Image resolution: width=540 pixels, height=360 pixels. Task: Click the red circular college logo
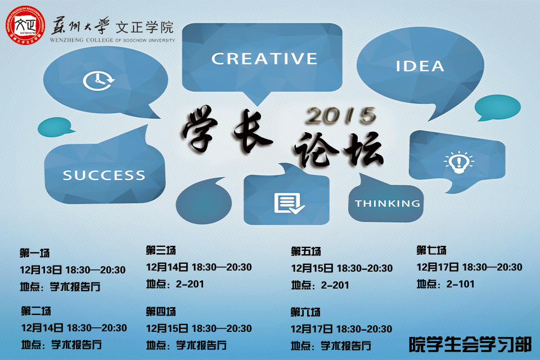pyautogui.click(x=25, y=25)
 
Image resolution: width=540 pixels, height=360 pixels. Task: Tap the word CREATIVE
pyautogui.click(x=264, y=58)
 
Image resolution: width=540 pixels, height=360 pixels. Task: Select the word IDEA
pyautogui.click(x=420, y=66)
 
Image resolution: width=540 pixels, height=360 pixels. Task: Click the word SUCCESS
pyautogui.click(x=103, y=175)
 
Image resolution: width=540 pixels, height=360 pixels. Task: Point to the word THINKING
pyautogui.click(x=388, y=204)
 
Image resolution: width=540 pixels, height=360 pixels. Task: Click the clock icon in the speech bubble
pyautogui.click(x=98, y=81)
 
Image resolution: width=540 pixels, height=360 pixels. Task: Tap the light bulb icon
pyautogui.click(x=458, y=162)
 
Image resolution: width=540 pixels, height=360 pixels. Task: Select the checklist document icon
pyautogui.click(x=289, y=204)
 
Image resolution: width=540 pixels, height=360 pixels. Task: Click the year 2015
pyautogui.click(x=341, y=115)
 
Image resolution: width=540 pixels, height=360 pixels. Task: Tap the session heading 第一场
pyautogui.click(x=34, y=253)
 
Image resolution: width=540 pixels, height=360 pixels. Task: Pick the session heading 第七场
pyautogui.click(x=431, y=250)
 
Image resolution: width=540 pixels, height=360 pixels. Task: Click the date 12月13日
pyautogui.click(x=40, y=270)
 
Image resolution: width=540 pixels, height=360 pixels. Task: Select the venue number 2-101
pyautogui.click(x=460, y=284)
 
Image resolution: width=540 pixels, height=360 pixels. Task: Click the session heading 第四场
pyautogui.click(x=160, y=312)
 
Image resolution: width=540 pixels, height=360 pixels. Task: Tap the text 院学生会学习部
pyautogui.click(x=470, y=344)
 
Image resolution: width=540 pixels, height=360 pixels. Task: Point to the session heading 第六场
pyautogui.click(x=305, y=312)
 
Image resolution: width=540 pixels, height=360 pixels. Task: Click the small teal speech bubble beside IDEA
pyautogui.click(x=497, y=108)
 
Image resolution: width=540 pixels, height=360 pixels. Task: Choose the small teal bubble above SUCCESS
pyautogui.click(x=55, y=127)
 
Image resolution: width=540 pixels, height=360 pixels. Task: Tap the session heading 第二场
pyautogui.click(x=36, y=311)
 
